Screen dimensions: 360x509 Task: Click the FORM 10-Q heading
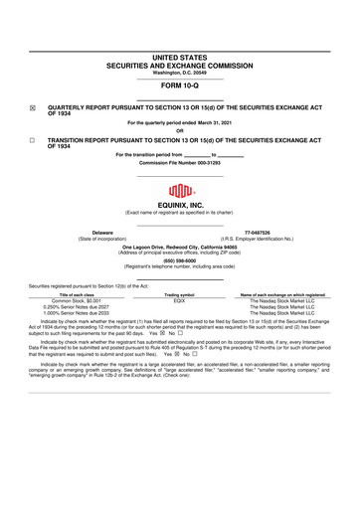point(180,85)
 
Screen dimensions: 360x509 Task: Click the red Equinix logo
point(180,191)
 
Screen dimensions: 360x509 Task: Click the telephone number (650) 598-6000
point(180,261)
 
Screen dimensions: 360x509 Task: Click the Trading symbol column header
point(180,295)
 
